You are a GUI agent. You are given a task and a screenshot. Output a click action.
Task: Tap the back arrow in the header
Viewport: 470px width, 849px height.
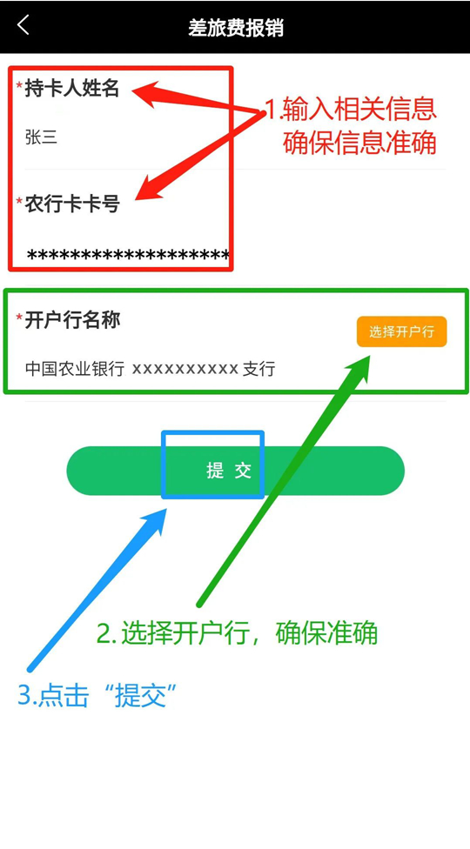click(x=23, y=25)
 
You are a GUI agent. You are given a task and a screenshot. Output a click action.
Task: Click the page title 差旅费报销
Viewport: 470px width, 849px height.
click(x=236, y=27)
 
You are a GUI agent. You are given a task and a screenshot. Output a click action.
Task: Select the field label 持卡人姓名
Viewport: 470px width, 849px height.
click(x=71, y=88)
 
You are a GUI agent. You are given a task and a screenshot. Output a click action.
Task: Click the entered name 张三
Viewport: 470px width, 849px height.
click(x=41, y=137)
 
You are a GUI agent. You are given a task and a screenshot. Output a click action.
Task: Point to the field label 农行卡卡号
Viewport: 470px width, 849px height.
click(x=72, y=204)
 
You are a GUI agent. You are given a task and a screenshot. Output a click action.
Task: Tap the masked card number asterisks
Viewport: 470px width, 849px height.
click(x=128, y=254)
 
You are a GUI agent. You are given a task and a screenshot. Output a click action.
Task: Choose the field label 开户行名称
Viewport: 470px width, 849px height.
click(x=72, y=320)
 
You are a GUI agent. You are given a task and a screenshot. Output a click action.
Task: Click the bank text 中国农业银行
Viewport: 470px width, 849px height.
click(x=75, y=370)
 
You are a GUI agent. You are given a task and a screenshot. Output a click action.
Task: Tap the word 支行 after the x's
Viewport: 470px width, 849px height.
click(x=258, y=370)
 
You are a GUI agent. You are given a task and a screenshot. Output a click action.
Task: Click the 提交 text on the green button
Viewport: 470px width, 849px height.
click(x=229, y=471)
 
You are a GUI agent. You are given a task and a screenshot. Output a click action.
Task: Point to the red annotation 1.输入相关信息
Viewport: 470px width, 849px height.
click(x=350, y=110)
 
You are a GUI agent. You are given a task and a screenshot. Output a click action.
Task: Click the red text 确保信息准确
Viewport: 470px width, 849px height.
click(x=359, y=143)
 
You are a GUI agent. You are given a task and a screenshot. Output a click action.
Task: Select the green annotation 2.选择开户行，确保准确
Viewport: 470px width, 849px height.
click(x=237, y=632)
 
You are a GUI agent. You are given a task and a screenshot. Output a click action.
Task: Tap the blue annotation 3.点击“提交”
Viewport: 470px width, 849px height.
click(x=98, y=695)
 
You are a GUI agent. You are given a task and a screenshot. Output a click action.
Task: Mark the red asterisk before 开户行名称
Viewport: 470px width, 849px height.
click(x=19, y=318)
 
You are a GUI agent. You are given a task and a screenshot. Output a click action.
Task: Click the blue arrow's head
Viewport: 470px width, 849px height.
click(x=154, y=521)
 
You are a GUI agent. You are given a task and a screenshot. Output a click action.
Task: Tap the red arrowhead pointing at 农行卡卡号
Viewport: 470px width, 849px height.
click(x=149, y=190)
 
